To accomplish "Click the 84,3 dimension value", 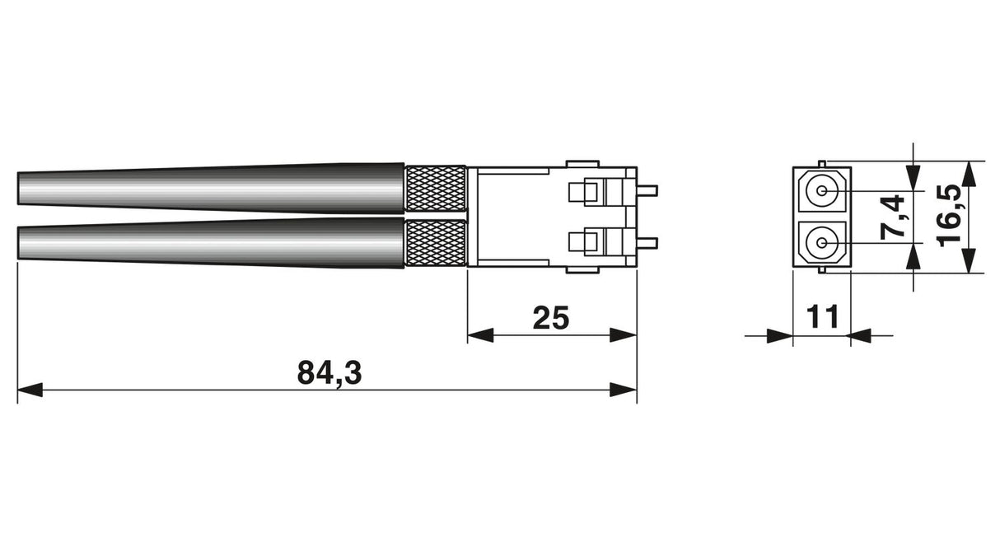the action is [x=329, y=373].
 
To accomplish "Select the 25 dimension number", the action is [x=551, y=318].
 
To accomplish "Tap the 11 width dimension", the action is [x=822, y=316].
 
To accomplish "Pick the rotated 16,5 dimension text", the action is [x=949, y=216].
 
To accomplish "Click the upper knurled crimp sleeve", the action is [x=435, y=189].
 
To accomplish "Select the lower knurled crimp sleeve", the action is [x=435, y=244].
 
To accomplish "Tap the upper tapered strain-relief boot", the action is [x=211, y=188].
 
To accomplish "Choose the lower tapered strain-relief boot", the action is [x=211, y=243].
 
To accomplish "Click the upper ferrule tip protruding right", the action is [x=647, y=191].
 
